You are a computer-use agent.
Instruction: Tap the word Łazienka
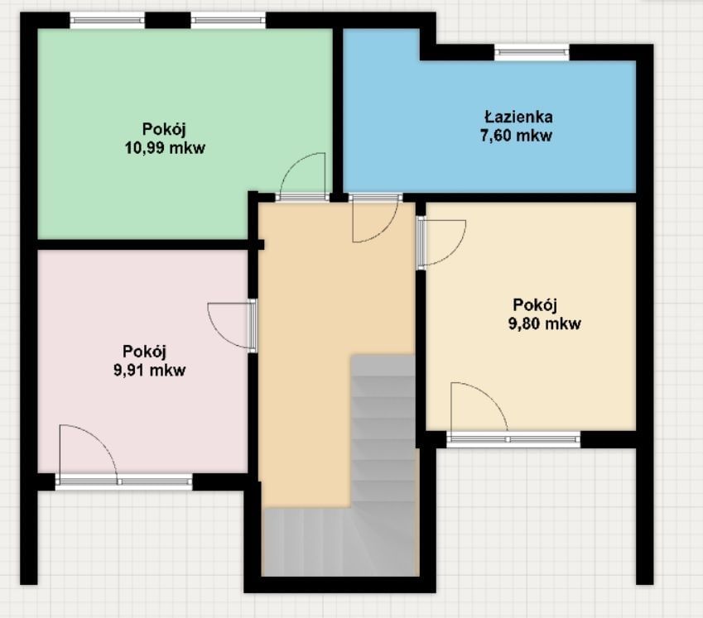518,117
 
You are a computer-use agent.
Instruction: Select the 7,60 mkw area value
518,137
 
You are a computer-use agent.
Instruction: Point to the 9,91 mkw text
149,370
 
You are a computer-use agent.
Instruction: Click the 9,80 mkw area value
544,323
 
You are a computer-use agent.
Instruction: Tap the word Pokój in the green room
163,129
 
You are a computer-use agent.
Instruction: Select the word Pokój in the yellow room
535,304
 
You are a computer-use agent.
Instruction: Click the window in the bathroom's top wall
532,52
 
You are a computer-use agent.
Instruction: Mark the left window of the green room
107,21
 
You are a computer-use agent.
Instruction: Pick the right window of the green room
228,21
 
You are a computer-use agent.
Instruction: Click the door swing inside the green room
303,175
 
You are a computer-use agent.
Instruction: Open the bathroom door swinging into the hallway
373,220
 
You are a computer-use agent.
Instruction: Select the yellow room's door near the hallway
442,242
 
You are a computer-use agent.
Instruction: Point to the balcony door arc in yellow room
478,406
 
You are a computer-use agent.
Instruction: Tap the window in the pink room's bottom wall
123,481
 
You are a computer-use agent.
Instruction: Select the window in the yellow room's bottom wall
513,438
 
